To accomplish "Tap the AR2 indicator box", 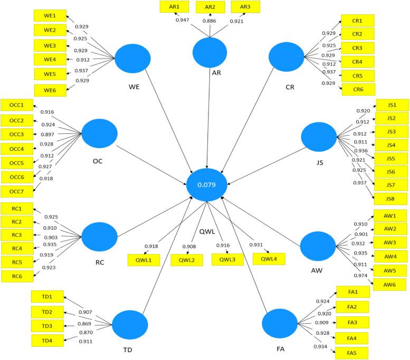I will click(210, 7).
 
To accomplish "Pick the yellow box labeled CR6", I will click(358, 90).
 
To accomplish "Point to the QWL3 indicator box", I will click(227, 259).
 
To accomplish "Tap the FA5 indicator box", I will click(352, 353).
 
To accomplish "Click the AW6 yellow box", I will click(390, 285).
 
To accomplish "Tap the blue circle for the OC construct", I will click(99, 134).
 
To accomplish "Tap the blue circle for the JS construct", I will click(319, 139).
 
